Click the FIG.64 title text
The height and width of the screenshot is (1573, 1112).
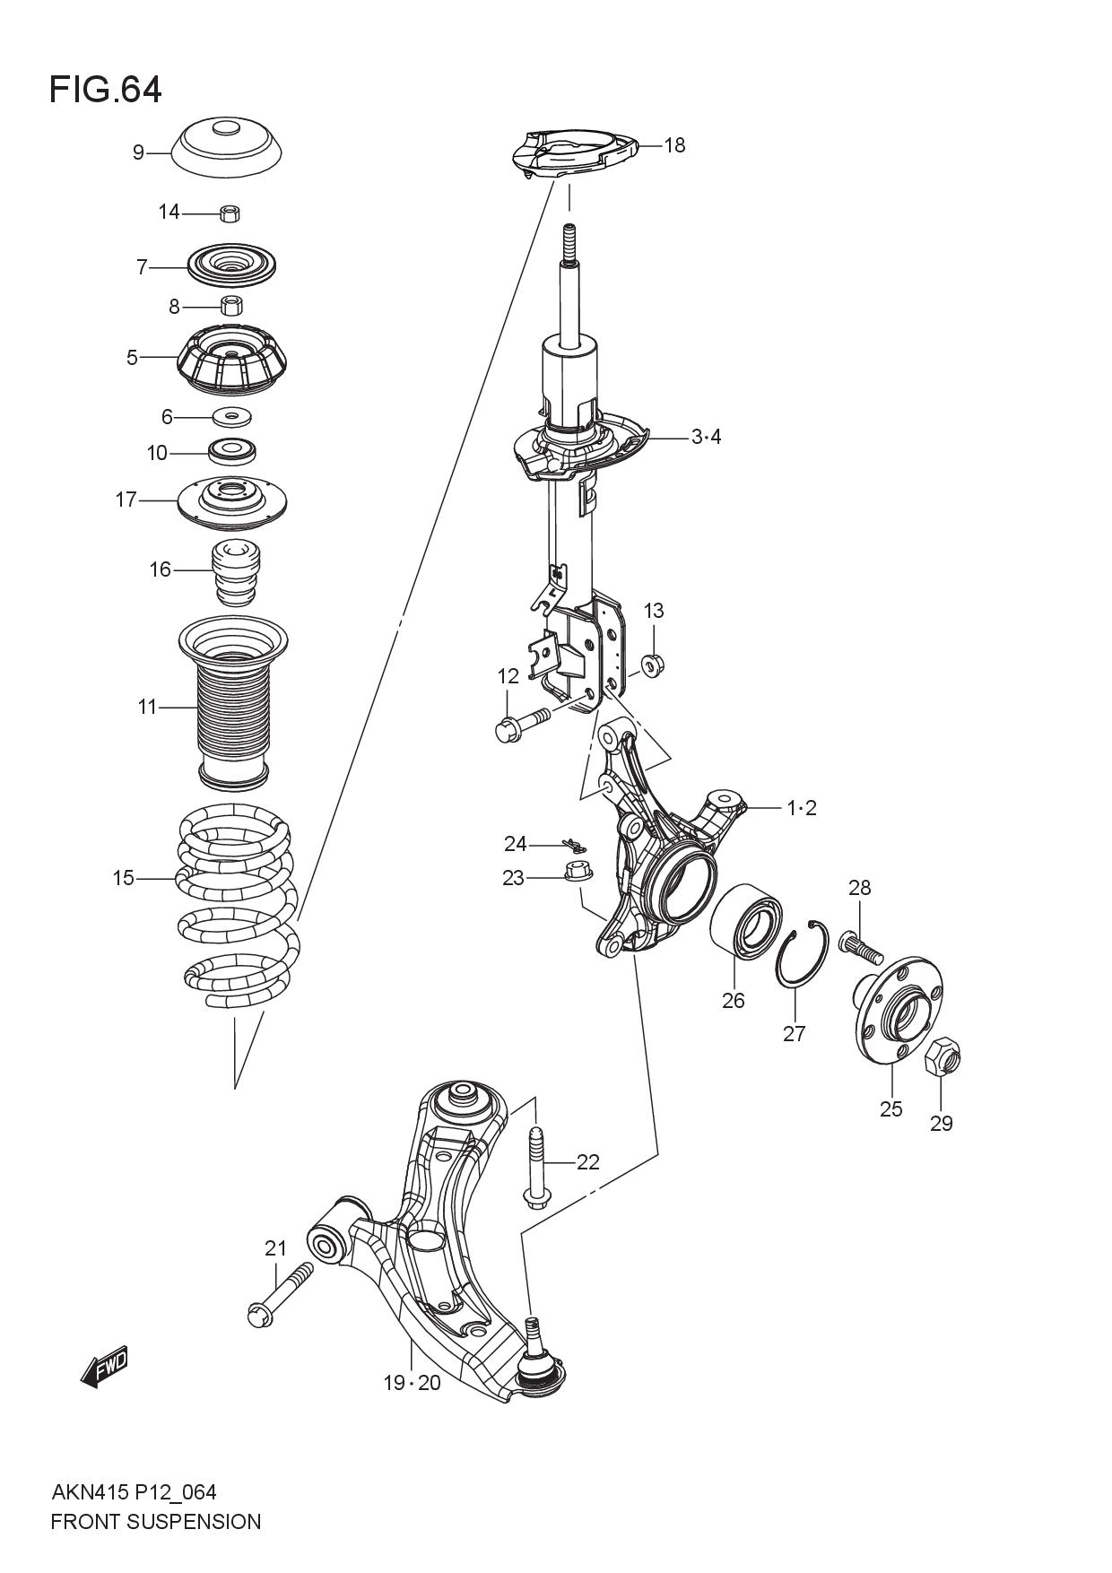(106, 90)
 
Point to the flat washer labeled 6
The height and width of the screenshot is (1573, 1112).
(232, 417)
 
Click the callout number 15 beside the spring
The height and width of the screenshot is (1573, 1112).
(123, 878)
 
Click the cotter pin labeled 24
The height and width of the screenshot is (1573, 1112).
(572, 845)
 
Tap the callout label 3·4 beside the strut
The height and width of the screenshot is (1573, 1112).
(706, 438)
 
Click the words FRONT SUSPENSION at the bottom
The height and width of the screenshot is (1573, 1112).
(156, 1522)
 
